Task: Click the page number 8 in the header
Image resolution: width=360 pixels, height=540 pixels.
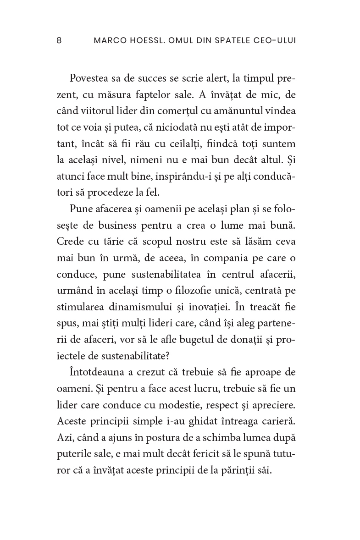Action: [x=59, y=40]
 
